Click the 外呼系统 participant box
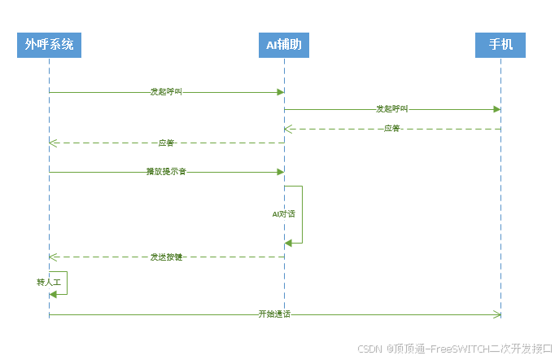[49, 45]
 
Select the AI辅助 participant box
[284, 45]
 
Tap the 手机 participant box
[500, 45]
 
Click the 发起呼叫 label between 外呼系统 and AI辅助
[166, 92]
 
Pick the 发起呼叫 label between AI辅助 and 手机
[391, 108]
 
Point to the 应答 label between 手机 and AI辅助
[391, 128]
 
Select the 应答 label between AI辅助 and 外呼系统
[166, 143]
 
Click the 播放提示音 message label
[166, 172]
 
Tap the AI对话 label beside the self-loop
[283, 213]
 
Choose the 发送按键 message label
[166, 257]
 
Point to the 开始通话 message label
[274, 314]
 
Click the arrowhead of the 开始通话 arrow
[496, 314]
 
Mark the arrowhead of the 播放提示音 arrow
[280, 172]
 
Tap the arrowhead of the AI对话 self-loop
[289, 243]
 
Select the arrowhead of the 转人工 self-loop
[54, 293]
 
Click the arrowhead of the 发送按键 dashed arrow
[54, 257]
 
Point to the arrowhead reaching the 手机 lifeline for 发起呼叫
[496, 108]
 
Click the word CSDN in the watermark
[370, 349]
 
